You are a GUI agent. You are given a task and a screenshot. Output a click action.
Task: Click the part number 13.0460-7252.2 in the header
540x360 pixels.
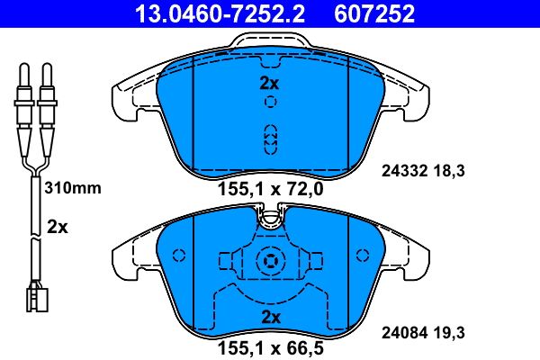[x=220, y=13]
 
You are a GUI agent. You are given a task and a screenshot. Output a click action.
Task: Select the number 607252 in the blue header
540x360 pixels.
[x=374, y=13]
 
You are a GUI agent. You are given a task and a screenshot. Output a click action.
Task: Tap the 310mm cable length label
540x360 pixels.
[x=73, y=188]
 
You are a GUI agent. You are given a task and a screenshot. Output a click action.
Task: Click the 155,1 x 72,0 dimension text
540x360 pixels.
[x=271, y=189]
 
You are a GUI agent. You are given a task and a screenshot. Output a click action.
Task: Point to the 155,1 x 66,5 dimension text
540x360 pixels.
[x=271, y=348]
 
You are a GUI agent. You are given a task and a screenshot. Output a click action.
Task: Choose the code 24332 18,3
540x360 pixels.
[x=423, y=171]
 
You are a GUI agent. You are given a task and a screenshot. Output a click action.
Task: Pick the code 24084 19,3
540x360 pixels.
[x=423, y=333]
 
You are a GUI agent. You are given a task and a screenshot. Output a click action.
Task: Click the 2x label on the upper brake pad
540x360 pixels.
[x=269, y=84]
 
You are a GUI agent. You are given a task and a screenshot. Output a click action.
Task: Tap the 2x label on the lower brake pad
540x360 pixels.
[x=271, y=318]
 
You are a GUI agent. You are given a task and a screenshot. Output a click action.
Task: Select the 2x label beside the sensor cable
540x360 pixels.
[x=58, y=228]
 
